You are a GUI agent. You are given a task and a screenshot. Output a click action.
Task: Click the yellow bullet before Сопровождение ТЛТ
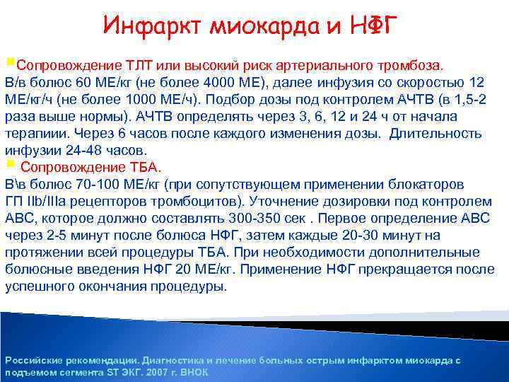pyautogui.click(x=9, y=64)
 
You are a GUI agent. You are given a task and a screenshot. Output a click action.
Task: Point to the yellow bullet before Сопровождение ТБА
pyautogui.click(x=9, y=165)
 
